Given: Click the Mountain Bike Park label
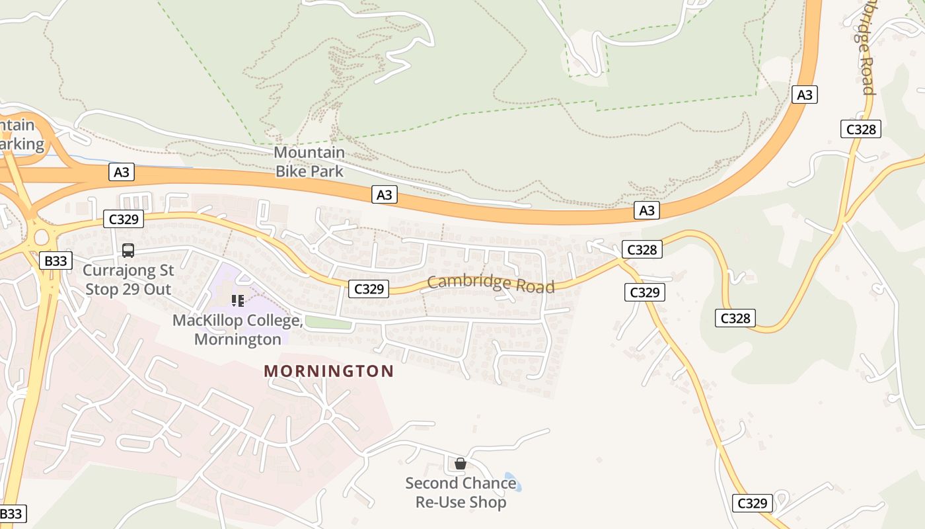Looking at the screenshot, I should [309, 162].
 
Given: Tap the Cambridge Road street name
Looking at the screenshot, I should [490, 283].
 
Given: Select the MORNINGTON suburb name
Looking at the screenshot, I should [328, 371].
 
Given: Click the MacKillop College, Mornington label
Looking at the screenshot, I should [237, 329].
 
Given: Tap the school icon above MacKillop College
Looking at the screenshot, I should [238, 301].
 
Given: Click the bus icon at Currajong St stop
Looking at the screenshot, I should [128, 251].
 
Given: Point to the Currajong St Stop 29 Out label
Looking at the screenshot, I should [128, 280].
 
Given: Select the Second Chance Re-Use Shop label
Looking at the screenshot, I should [461, 493].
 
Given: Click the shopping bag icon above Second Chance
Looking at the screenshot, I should [461, 464].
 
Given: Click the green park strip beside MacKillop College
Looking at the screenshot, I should [328, 323].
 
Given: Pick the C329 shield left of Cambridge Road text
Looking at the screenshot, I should [369, 288].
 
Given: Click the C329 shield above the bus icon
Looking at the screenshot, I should [124, 219].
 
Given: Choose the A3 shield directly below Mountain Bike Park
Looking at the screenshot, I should [384, 194].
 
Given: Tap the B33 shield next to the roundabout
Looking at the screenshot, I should [55, 261].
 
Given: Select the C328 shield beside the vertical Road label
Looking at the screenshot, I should [861, 129].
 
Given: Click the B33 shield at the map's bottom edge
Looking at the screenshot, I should [11, 514].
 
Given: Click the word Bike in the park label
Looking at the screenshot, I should [291, 171].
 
